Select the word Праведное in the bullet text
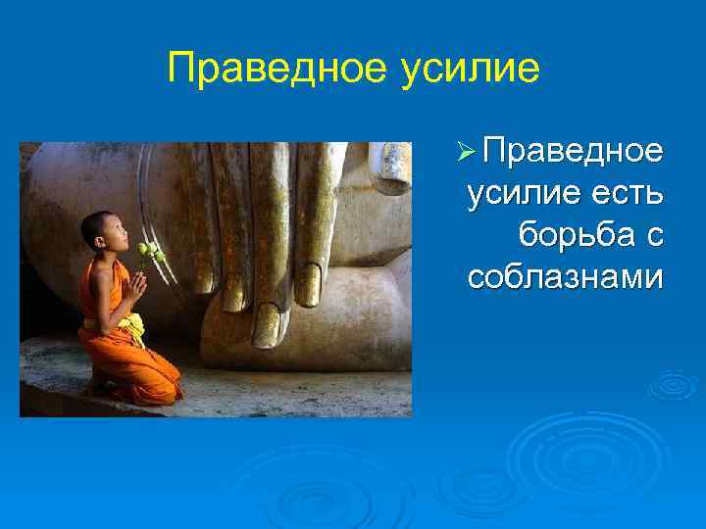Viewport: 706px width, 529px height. (574, 154)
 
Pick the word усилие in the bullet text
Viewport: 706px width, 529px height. (519, 195)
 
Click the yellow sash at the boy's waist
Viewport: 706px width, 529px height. (130, 324)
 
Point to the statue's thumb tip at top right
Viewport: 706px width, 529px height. (393, 167)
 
